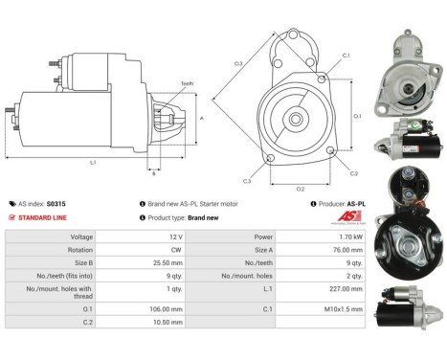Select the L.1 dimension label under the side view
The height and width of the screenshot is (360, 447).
click(x=93, y=163)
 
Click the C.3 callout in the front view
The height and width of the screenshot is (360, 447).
click(x=247, y=181)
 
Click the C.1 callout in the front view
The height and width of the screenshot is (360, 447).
click(x=345, y=55)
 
